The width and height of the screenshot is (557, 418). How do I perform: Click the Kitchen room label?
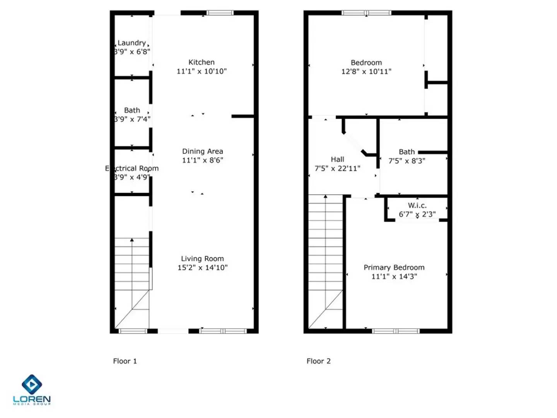click(x=201, y=62)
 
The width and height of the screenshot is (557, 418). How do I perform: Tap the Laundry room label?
click(x=132, y=43)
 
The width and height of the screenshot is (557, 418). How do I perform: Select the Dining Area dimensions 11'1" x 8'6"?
click(x=202, y=160)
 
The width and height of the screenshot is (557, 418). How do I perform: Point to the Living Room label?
click(x=202, y=259)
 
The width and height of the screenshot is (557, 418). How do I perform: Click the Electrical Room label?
click(x=132, y=168)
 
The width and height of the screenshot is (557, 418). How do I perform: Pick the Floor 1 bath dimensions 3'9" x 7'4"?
click(x=132, y=119)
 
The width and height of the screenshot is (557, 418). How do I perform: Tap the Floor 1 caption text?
click(x=125, y=361)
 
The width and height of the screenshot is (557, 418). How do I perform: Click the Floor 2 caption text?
click(x=318, y=361)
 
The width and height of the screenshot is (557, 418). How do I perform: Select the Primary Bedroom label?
click(x=394, y=267)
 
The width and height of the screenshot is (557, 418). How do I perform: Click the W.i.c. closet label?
click(x=417, y=206)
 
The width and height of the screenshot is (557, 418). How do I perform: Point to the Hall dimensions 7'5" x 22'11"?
click(x=337, y=168)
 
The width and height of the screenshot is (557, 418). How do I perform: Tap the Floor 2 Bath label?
click(x=407, y=152)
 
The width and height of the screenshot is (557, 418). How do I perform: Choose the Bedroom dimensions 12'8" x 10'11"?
click(x=366, y=72)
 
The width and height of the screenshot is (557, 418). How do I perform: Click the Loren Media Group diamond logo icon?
click(x=32, y=384)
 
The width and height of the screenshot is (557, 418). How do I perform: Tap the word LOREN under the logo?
click(x=32, y=399)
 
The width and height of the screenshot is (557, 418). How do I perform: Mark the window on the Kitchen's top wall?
click(x=220, y=13)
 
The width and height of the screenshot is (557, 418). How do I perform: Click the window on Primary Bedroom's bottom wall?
click(x=396, y=331)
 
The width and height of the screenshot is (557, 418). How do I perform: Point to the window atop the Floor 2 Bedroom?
click(x=366, y=13)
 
